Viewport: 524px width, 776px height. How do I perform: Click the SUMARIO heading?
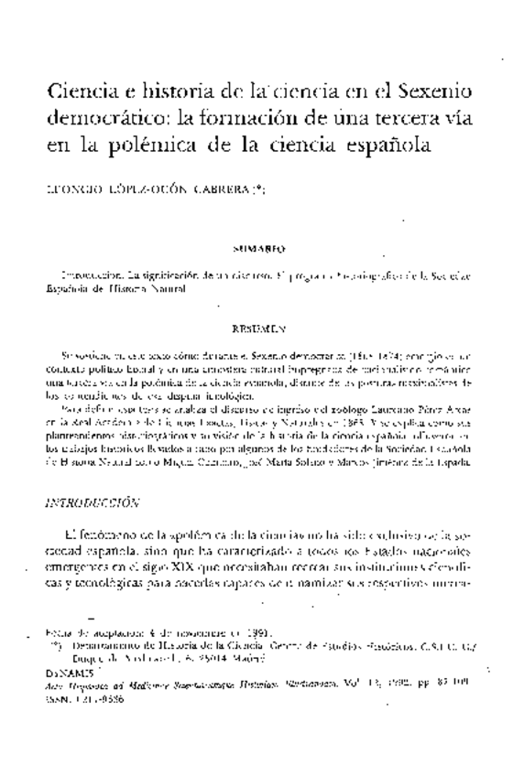260,248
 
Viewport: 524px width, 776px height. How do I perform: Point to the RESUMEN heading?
260,327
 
